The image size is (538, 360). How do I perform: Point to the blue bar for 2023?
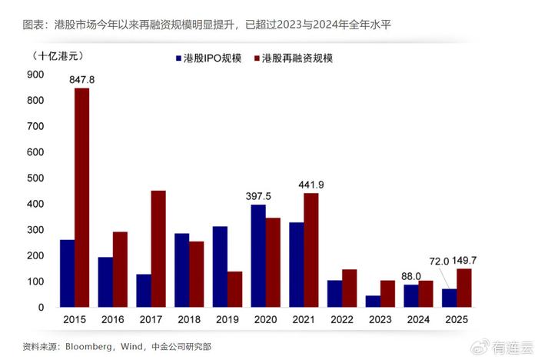tap(372, 301)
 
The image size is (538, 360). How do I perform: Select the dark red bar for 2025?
tap(464, 288)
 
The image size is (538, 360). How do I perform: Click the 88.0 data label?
tap(412, 275)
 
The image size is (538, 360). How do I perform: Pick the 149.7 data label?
tap(473, 262)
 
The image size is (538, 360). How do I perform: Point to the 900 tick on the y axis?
tap(35, 75)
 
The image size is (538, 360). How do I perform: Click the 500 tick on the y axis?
tap(35, 178)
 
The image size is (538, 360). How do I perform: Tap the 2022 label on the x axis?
tap(342, 319)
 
